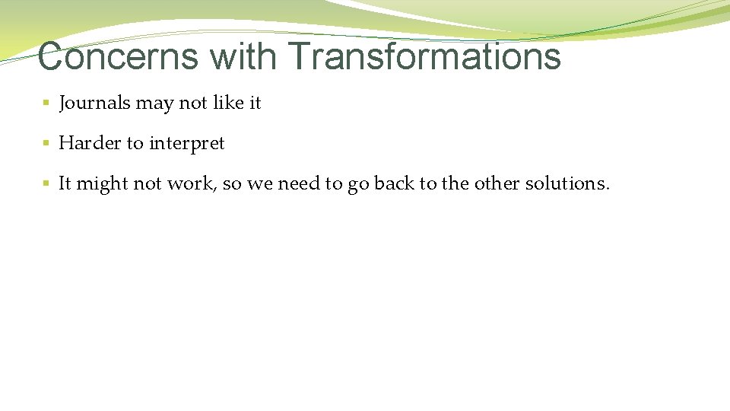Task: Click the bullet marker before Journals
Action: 46,103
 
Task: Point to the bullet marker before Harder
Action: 46,143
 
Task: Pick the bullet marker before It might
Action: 46,183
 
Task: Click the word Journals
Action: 94,103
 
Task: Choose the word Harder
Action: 90,143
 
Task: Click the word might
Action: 103,184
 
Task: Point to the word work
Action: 189,183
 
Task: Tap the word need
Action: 302,183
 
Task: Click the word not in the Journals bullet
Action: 193,103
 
